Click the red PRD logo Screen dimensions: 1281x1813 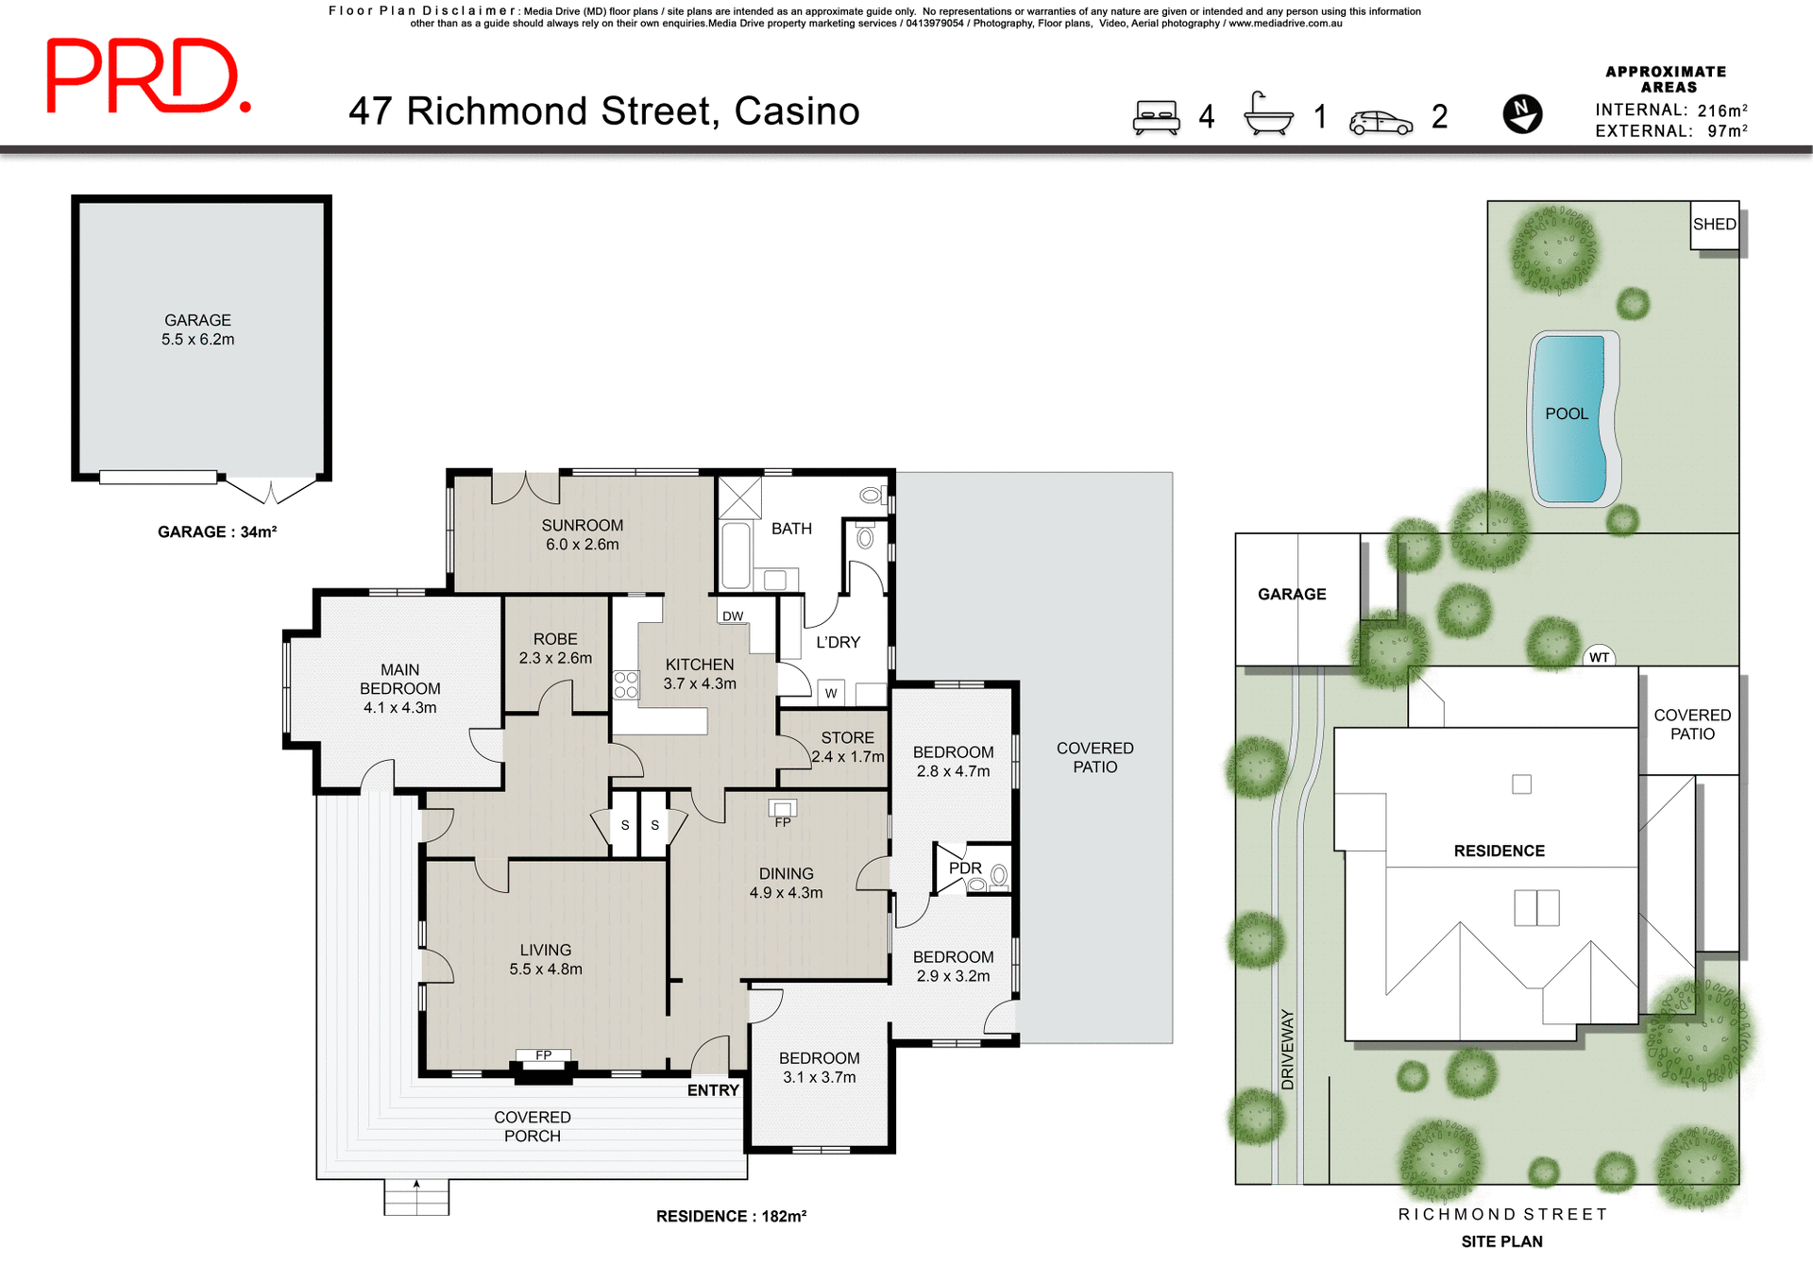148,76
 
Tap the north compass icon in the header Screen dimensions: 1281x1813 1522,114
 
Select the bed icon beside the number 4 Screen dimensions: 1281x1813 1157,117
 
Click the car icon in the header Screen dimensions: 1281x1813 1381,122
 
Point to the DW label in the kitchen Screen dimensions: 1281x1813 733,616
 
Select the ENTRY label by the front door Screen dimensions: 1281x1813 713,1090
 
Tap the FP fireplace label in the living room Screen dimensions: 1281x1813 544,1055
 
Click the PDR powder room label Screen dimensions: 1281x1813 965,868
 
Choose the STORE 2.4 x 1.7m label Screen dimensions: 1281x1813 847,747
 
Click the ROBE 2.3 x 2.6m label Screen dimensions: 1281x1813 555,649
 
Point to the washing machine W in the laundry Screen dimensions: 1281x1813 831,693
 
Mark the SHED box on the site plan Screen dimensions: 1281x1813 1714,225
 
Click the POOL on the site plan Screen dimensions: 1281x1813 1567,414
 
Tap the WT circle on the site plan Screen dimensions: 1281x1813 1599,657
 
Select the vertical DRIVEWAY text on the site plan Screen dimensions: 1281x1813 1287,1050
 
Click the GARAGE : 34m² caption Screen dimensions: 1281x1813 217,532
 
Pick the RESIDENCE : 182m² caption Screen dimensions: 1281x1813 731,1216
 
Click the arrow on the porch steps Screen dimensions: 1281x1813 416,1186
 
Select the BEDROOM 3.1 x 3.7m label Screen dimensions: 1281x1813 819,1068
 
